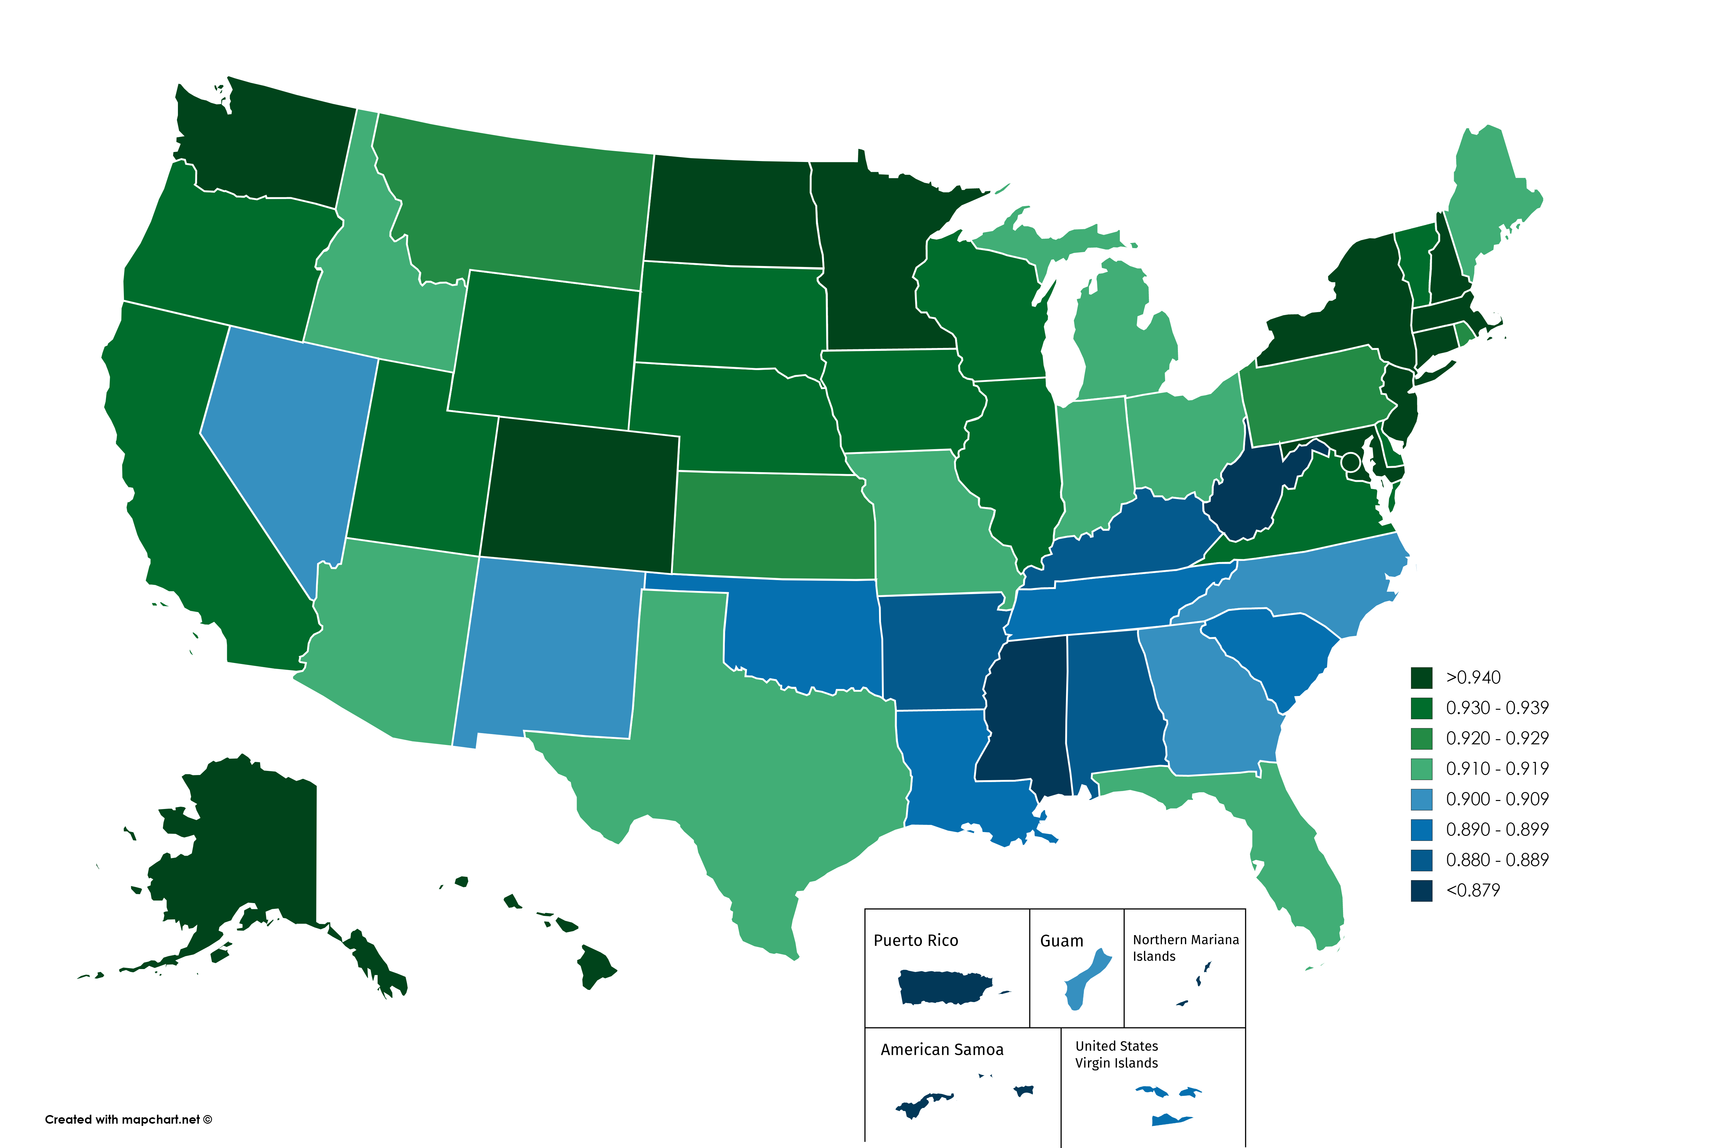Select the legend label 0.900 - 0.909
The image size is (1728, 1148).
click(x=1497, y=799)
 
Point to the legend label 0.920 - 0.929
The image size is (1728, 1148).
click(x=1497, y=738)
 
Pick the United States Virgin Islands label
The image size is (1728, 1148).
click(x=1116, y=1054)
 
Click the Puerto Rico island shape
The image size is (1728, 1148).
click(x=944, y=987)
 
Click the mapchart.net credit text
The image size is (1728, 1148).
click(x=128, y=1120)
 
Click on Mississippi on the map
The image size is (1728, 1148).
click(x=1025, y=717)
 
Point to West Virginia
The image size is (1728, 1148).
click(x=1244, y=498)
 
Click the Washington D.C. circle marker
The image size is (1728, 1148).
click(x=1350, y=462)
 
